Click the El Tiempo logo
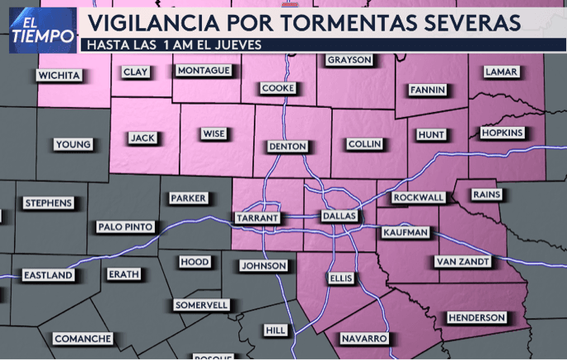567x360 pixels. click(31, 30)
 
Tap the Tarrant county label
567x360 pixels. click(258, 218)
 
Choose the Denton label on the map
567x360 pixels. click(288, 146)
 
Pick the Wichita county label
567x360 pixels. click(59, 76)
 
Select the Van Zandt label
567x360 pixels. click(462, 261)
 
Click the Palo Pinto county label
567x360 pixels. click(125, 227)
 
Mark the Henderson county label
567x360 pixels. click(476, 317)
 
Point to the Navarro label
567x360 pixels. click(363, 339)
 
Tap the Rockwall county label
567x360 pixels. click(418, 198)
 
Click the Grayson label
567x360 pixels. click(349, 60)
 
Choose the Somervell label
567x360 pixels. click(201, 305)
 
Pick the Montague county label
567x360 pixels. click(203, 71)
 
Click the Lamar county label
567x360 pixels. click(501, 72)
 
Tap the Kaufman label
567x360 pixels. click(405, 232)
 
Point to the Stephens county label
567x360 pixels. click(49, 203)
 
